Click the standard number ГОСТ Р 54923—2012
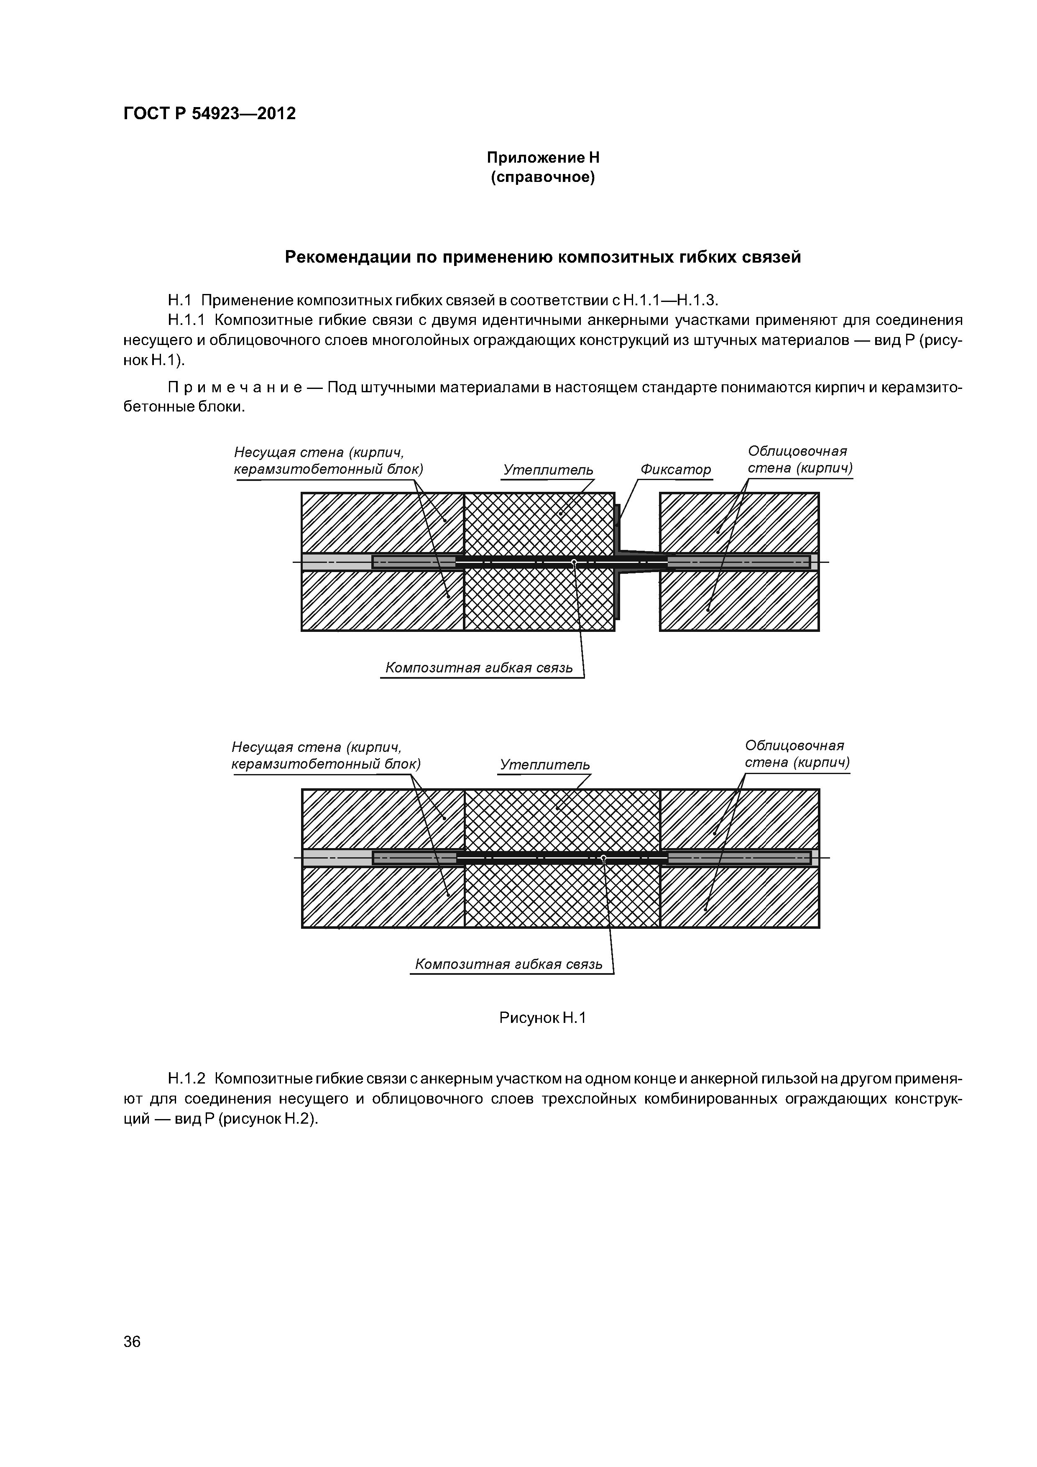[x=209, y=114]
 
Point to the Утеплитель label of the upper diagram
[x=548, y=470]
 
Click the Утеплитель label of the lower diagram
[x=544, y=765]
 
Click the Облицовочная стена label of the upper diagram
[x=799, y=460]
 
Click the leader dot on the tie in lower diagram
[x=603, y=857]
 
